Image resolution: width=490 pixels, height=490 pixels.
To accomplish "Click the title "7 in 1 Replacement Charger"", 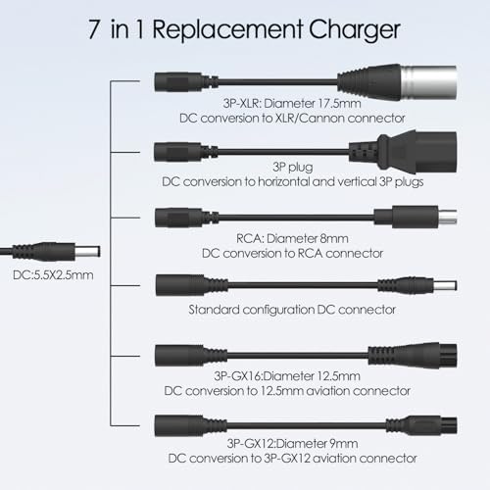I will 244,28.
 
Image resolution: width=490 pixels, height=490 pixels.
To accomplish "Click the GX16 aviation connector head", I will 397,355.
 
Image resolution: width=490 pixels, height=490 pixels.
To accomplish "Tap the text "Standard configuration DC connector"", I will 292,310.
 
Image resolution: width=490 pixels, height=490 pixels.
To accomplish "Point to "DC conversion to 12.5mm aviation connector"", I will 292,389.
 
